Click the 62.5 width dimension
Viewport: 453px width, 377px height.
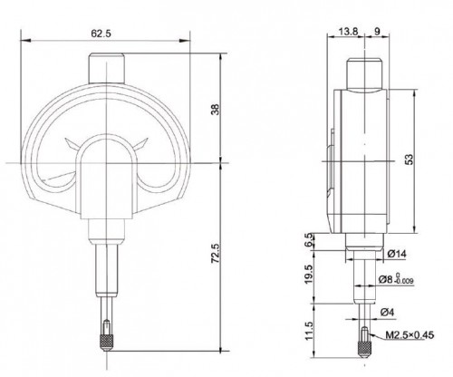(101, 33)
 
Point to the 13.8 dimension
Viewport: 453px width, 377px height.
(348, 31)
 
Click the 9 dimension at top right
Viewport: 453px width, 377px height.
(377, 31)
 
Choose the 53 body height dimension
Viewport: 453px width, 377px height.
(409, 159)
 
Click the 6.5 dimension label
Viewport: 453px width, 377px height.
(309, 240)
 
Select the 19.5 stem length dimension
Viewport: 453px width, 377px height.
(308, 275)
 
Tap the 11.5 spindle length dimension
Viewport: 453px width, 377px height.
(309, 331)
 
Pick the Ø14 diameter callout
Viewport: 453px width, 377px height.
(397, 254)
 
